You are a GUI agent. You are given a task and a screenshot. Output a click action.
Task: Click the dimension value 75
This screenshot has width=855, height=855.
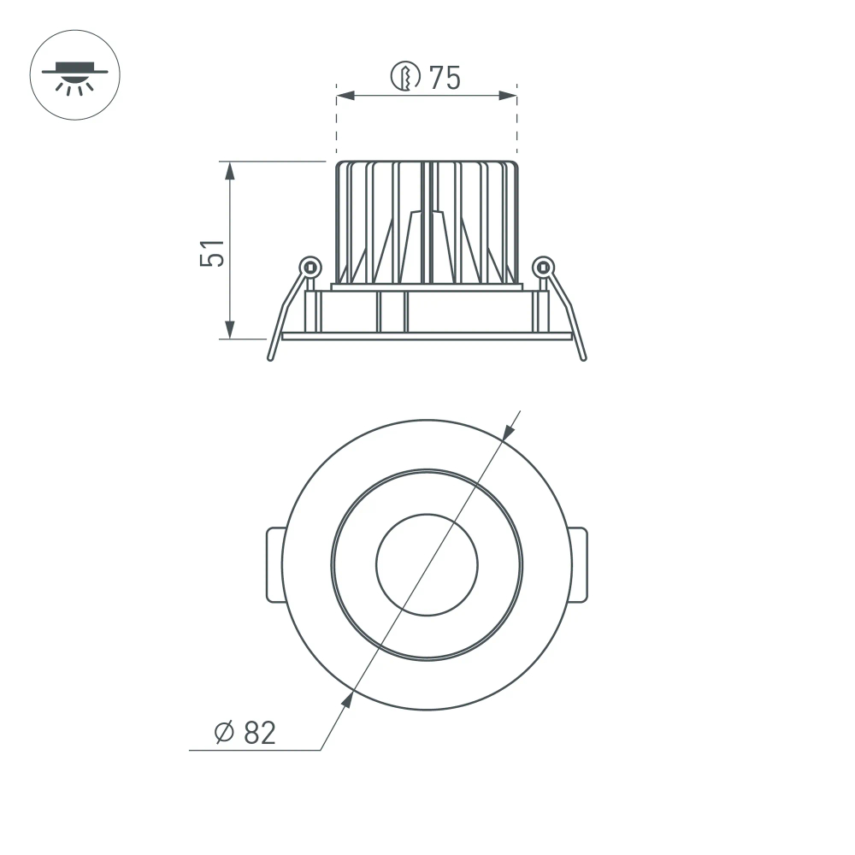click(445, 78)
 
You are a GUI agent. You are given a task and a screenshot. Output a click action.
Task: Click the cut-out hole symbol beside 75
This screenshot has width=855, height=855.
click(405, 77)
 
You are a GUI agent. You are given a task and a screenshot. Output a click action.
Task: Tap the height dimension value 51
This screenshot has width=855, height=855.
click(213, 253)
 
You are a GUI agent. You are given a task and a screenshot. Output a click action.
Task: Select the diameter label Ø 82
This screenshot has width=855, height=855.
click(245, 733)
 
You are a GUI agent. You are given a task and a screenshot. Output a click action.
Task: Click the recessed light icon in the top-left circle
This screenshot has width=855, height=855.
click(75, 75)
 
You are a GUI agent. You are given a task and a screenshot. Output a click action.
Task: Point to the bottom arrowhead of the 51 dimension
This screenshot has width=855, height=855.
click(230, 329)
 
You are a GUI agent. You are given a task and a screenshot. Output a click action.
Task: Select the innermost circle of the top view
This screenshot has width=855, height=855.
click(427, 565)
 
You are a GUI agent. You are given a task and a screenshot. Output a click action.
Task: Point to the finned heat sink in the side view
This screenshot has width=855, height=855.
click(427, 222)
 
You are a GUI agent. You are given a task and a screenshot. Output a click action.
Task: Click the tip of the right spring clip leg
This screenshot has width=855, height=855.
click(584, 357)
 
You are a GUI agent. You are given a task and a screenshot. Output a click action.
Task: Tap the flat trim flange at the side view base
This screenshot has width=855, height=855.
click(427, 336)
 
